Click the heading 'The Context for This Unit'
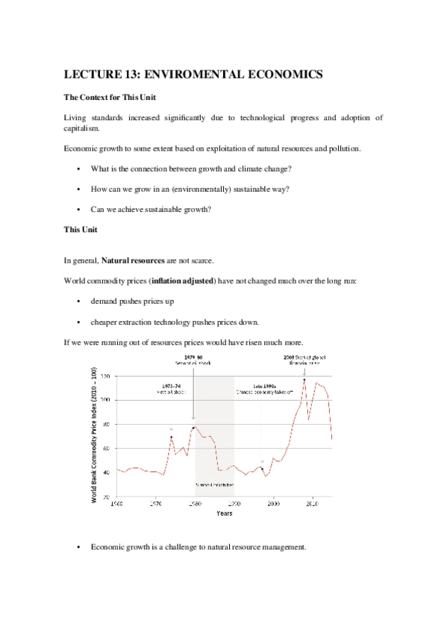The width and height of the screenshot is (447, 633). tap(107, 98)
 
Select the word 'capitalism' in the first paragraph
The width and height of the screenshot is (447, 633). tap(86, 128)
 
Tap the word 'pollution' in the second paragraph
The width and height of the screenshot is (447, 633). tap(343, 148)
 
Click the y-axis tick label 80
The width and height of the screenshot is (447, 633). tap(108, 425)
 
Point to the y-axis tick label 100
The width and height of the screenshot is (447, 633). tap(107, 401)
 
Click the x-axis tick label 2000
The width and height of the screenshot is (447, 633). tap(274, 503)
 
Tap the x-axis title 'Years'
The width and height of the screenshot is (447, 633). tap(225, 514)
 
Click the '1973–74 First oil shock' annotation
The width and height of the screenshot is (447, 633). tap(172, 390)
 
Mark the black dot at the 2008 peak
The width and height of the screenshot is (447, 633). tap(304, 380)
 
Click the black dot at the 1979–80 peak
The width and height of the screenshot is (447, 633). tap(193, 428)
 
